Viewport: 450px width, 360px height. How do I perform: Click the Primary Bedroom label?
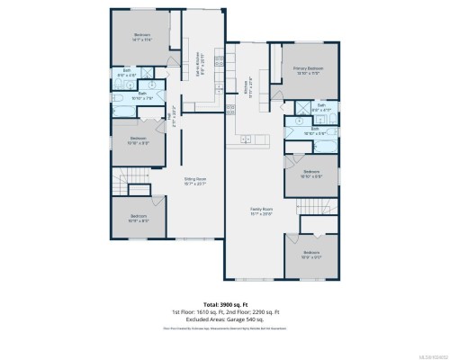[x=310, y=68]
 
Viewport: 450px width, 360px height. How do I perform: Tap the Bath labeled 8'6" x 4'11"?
[x=321, y=105]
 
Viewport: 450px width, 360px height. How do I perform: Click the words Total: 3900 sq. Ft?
[x=225, y=305]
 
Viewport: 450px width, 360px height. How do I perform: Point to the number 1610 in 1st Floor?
[x=205, y=312]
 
